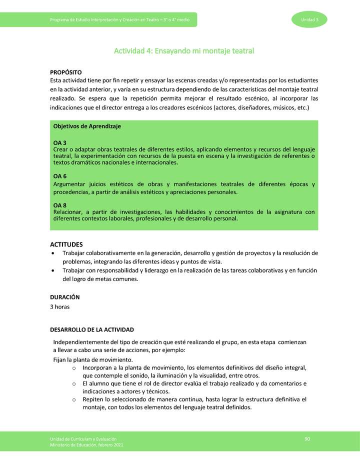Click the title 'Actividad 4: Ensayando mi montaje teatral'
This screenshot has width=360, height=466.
click(x=184, y=50)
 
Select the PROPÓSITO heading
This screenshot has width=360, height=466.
click(x=66, y=72)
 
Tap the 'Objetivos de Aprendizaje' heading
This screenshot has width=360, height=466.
click(x=87, y=126)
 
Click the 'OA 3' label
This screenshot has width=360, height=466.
click(x=60, y=143)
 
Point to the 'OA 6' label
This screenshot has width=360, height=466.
click(x=60, y=176)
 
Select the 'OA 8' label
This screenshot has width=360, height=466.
click(x=60, y=205)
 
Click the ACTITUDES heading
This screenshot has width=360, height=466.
click(x=66, y=244)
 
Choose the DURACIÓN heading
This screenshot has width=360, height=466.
click(x=65, y=297)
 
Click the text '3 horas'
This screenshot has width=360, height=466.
click(x=60, y=306)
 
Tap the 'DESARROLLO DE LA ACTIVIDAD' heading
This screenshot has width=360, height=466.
click(x=92, y=330)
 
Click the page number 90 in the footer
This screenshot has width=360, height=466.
click(x=307, y=439)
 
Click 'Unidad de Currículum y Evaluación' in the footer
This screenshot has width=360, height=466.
click(x=83, y=439)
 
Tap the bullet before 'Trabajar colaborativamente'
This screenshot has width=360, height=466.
click(x=53, y=253)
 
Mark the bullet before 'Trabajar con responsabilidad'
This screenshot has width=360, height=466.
click(x=53, y=270)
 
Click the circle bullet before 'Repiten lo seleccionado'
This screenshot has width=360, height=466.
click(x=73, y=399)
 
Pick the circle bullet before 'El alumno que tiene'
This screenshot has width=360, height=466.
click(x=73, y=383)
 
